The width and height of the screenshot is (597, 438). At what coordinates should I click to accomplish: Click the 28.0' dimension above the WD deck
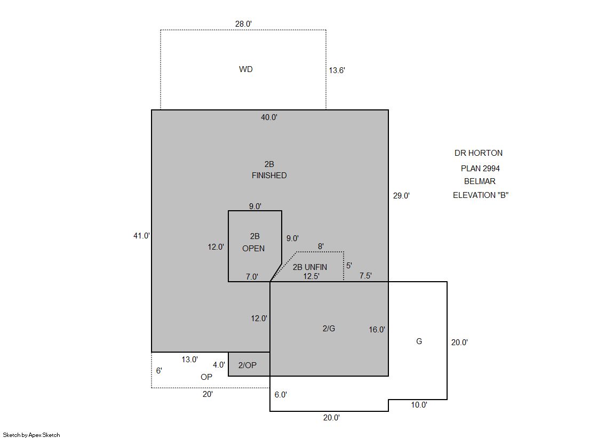coord(243,24)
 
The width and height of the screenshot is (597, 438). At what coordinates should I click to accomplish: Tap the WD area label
coord(245,69)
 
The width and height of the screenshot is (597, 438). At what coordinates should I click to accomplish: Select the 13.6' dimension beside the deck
coord(337,70)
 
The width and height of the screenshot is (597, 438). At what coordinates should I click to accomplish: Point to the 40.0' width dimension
coord(269,117)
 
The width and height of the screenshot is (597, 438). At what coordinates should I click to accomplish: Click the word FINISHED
coord(269,176)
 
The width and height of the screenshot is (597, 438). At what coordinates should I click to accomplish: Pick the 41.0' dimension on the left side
coord(141,236)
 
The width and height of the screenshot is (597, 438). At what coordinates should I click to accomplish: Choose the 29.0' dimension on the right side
coord(401,196)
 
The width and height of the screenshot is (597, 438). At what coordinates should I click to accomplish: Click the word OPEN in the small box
coord(253,248)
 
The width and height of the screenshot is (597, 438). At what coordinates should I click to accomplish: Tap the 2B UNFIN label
coord(310,267)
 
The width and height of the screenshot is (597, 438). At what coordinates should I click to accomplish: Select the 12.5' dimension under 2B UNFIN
coord(311,276)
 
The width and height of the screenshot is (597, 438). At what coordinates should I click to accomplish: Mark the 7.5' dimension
coord(365,276)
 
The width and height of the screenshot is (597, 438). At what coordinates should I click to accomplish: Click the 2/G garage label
coord(329,328)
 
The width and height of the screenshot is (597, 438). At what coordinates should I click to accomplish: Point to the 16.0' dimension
coord(377,330)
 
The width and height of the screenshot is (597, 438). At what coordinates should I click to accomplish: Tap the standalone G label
coord(419,341)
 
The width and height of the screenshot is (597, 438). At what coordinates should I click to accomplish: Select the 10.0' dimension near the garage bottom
coord(419,405)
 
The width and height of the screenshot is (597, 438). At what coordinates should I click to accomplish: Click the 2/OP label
coord(248,365)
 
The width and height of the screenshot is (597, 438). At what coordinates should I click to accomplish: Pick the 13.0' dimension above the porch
coord(189,360)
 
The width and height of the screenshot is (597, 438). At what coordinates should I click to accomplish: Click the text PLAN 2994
coord(480,169)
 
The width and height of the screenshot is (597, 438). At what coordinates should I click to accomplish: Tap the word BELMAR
coord(480,181)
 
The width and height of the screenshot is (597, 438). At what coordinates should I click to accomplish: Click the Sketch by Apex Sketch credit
coord(31,435)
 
